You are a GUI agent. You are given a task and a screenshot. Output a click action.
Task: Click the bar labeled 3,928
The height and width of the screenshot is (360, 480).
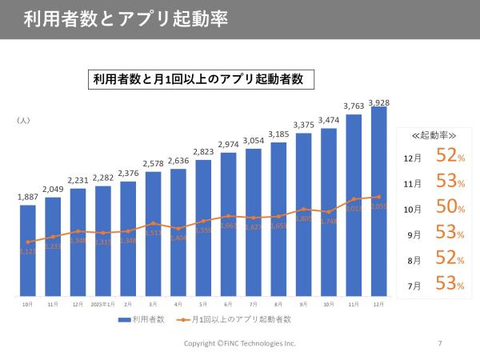(x=379, y=200)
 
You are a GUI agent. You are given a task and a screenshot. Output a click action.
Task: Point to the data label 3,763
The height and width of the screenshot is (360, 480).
(x=354, y=106)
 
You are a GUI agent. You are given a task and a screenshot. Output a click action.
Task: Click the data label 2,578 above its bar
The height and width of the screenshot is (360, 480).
(x=153, y=163)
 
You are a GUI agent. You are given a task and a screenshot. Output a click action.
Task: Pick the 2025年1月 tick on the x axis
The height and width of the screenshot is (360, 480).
(x=102, y=304)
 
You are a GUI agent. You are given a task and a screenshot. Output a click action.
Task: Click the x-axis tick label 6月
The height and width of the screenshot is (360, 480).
(x=228, y=304)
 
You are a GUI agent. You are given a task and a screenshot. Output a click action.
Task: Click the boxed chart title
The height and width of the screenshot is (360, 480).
(x=200, y=79)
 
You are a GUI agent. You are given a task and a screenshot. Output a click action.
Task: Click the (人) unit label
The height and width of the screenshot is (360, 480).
(x=23, y=120)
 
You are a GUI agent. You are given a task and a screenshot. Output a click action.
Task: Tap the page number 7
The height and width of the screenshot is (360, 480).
(x=439, y=343)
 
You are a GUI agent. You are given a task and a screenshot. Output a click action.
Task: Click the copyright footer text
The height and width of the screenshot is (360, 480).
(x=240, y=343)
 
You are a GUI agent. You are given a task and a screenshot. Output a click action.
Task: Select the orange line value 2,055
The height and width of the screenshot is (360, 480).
(x=379, y=206)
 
